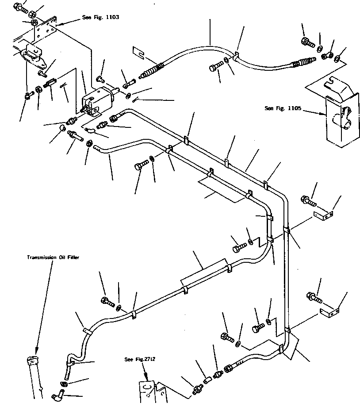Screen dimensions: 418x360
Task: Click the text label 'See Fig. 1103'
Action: point(100,17)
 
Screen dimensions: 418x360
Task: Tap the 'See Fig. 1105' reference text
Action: point(283,108)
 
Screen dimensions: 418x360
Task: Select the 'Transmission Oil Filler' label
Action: point(53,257)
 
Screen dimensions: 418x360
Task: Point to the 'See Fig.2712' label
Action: point(140,359)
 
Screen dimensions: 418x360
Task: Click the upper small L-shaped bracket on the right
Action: point(322,215)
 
